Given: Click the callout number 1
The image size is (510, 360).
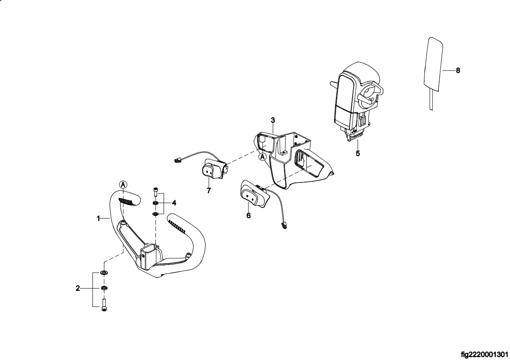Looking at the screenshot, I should (x=99, y=218).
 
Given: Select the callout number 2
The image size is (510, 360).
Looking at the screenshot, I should (x=78, y=288).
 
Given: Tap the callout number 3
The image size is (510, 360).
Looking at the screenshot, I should (x=273, y=120).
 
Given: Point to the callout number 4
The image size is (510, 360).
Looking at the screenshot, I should (x=174, y=203).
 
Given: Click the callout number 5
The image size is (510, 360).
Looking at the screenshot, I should (x=358, y=153).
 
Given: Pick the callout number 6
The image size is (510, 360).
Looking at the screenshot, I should (x=249, y=215).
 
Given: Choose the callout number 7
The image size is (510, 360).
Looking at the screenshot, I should (x=209, y=190).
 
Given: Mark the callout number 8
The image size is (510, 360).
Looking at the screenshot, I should (x=458, y=71).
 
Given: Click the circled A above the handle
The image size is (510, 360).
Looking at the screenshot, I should (x=123, y=184).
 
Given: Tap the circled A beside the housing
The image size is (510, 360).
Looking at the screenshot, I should (x=262, y=157).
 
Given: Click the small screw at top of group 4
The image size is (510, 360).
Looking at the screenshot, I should (x=156, y=192).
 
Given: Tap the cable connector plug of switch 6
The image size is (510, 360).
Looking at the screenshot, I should (x=285, y=225).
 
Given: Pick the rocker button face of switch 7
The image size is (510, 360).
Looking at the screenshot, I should (x=208, y=171).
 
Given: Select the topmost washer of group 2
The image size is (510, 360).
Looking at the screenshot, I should (x=104, y=273).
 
